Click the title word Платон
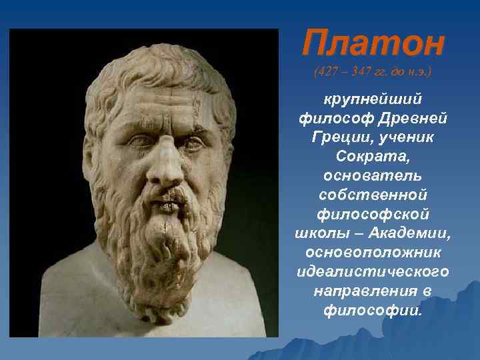372,45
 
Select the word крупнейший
372,99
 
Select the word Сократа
372,158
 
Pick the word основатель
372,177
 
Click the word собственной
372,196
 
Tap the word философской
372,215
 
